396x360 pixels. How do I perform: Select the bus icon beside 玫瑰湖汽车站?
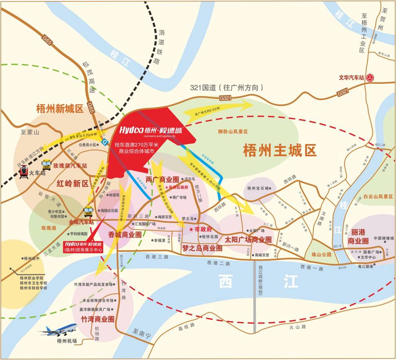coord(46,164)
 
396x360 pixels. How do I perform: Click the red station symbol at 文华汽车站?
coord(370,78)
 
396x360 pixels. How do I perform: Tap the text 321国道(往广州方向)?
coord(227,87)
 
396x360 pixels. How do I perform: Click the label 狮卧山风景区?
coord(233,131)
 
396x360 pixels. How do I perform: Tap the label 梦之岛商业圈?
coord(202,248)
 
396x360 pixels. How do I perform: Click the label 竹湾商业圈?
coord(97,319)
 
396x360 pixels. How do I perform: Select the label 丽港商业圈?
coord(360,236)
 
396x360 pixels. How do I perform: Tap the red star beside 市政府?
coord(190,230)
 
